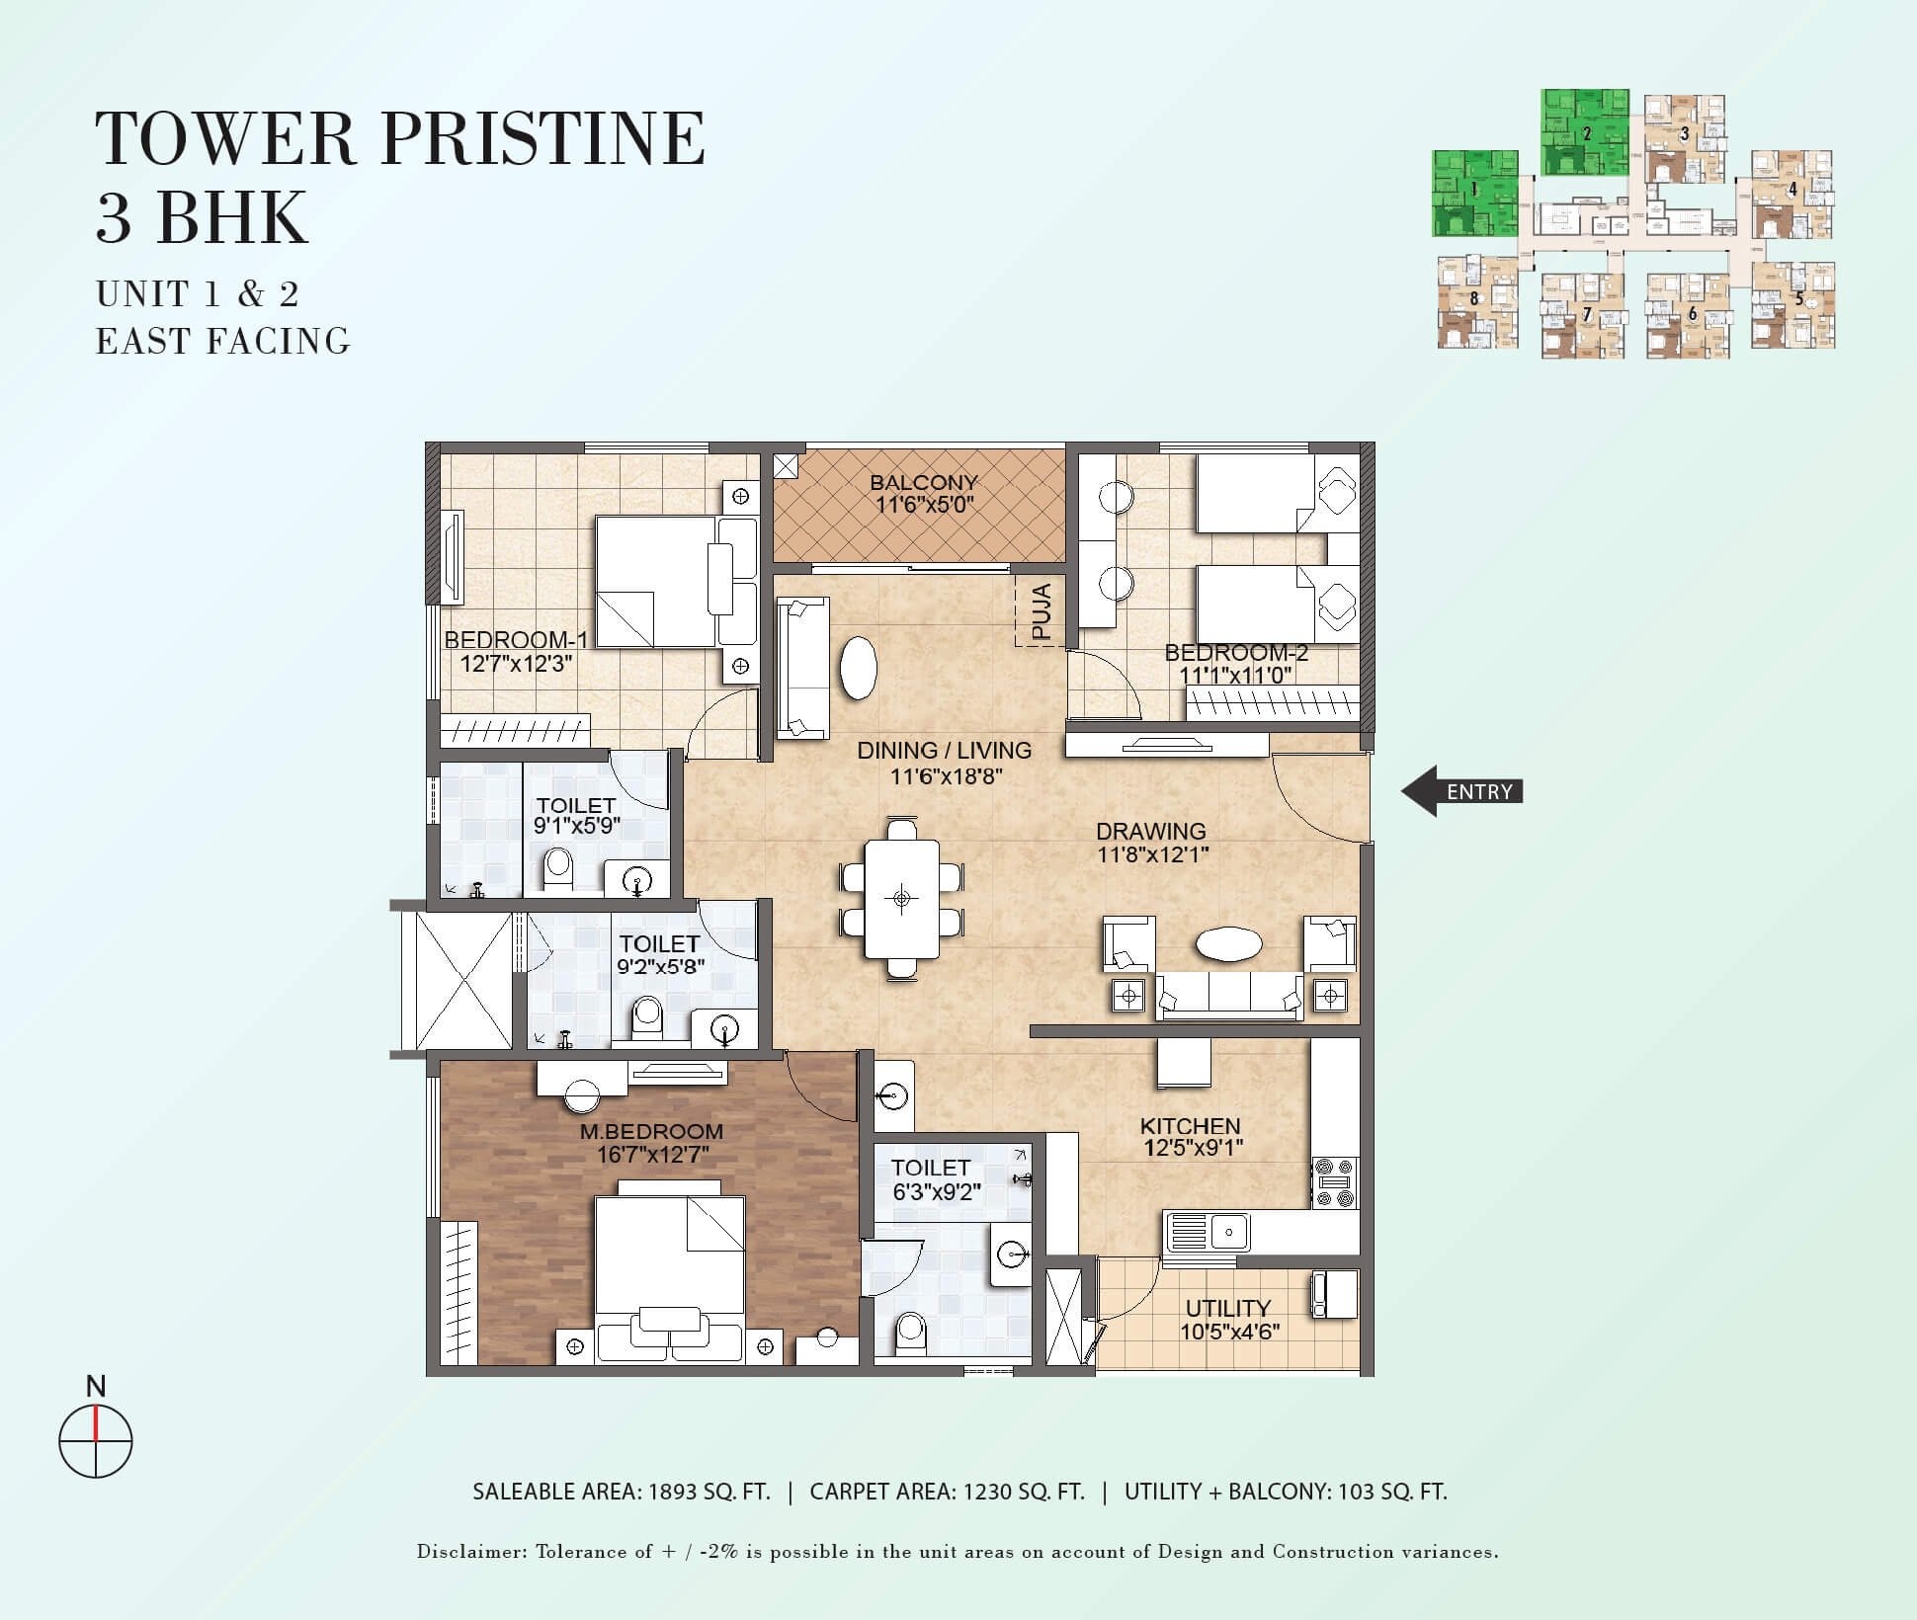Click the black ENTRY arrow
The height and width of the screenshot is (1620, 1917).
tap(1461, 791)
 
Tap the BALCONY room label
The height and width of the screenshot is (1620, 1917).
tap(924, 483)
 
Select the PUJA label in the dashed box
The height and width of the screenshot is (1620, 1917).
tap(1042, 610)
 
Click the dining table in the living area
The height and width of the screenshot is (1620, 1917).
tap(901, 898)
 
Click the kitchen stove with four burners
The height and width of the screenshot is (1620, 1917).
tap(1335, 1182)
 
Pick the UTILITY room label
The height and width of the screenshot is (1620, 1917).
tap(1228, 1309)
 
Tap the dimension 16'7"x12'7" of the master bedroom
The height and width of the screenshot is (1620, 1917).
tap(652, 1155)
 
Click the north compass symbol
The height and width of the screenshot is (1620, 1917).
tap(95, 1439)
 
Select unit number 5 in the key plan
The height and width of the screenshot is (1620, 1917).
tap(1798, 298)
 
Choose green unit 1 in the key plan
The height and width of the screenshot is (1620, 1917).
tap(1474, 193)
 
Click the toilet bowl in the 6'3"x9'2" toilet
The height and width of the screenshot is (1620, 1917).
tap(909, 1333)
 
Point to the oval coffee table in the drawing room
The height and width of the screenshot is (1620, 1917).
tap(1228, 944)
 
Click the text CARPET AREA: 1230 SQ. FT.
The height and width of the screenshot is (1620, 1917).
tap(947, 1492)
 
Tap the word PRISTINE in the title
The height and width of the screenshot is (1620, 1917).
tap(542, 138)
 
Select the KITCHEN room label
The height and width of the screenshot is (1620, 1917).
tap(1190, 1126)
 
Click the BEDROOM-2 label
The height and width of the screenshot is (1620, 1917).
tap(1236, 653)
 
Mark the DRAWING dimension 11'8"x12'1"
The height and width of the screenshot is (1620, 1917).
tap(1153, 854)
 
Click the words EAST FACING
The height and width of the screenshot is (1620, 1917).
tap(223, 341)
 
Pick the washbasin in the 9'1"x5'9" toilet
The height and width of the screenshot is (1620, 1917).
tap(637, 879)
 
